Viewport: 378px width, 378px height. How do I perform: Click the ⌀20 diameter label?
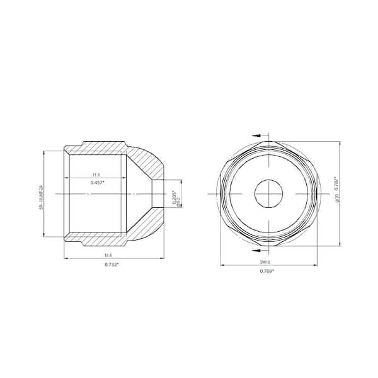tap(338, 198)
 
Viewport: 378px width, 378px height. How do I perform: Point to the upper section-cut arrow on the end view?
tap(257, 134)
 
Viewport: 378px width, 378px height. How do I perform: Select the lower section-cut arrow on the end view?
tap(257, 251)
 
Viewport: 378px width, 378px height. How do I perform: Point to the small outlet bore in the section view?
tap(163, 193)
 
